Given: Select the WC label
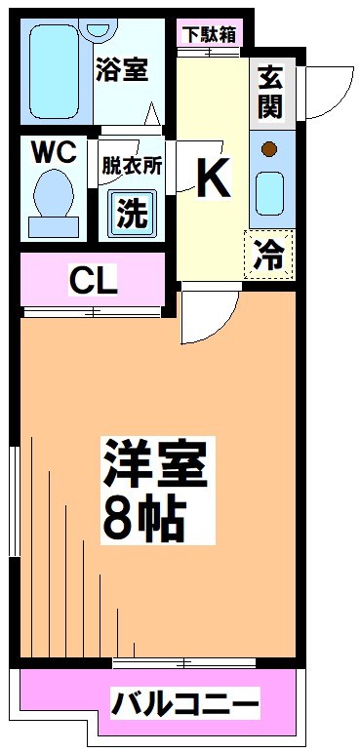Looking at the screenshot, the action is click(x=54, y=154).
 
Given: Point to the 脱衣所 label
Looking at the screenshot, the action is click(x=131, y=166).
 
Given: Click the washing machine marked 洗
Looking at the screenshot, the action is click(x=132, y=214).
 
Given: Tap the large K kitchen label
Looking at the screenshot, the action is click(x=213, y=178).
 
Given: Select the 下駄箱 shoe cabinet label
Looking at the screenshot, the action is click(x=208, y=35).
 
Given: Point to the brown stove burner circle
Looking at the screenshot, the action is click(x=268, y=150).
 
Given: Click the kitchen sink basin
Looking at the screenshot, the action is click(x=269, y=194).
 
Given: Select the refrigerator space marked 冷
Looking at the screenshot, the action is click(x=268, y=254).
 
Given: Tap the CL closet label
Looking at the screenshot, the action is click(x=94, y=282).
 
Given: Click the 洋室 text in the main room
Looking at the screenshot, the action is click(x=153, y=464).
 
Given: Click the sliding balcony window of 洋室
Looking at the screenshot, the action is click(x=184, y=663).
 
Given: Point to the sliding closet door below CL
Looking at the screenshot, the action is click(x=92, y=313).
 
